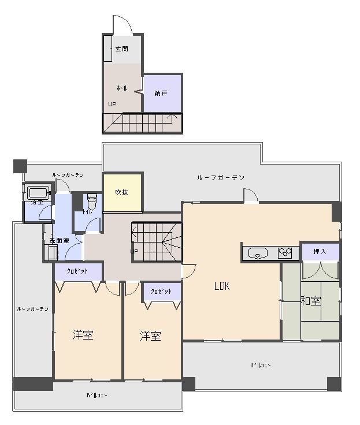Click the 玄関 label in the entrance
(121, 49)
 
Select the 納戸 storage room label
(161, 93)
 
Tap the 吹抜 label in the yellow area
(121, 192)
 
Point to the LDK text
(222, 285)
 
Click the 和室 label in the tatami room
(310, 301)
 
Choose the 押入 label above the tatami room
(320, 252)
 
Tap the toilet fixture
(90, 203)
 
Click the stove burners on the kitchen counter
(285, 252)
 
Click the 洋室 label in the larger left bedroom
(83, 335)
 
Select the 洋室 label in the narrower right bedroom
(150, 335)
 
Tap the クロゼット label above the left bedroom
(77, 271)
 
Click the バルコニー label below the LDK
(261, 365)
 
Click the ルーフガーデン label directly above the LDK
(221, 177)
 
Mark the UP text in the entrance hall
(112, 105)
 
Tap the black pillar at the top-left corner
(20, 166)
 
